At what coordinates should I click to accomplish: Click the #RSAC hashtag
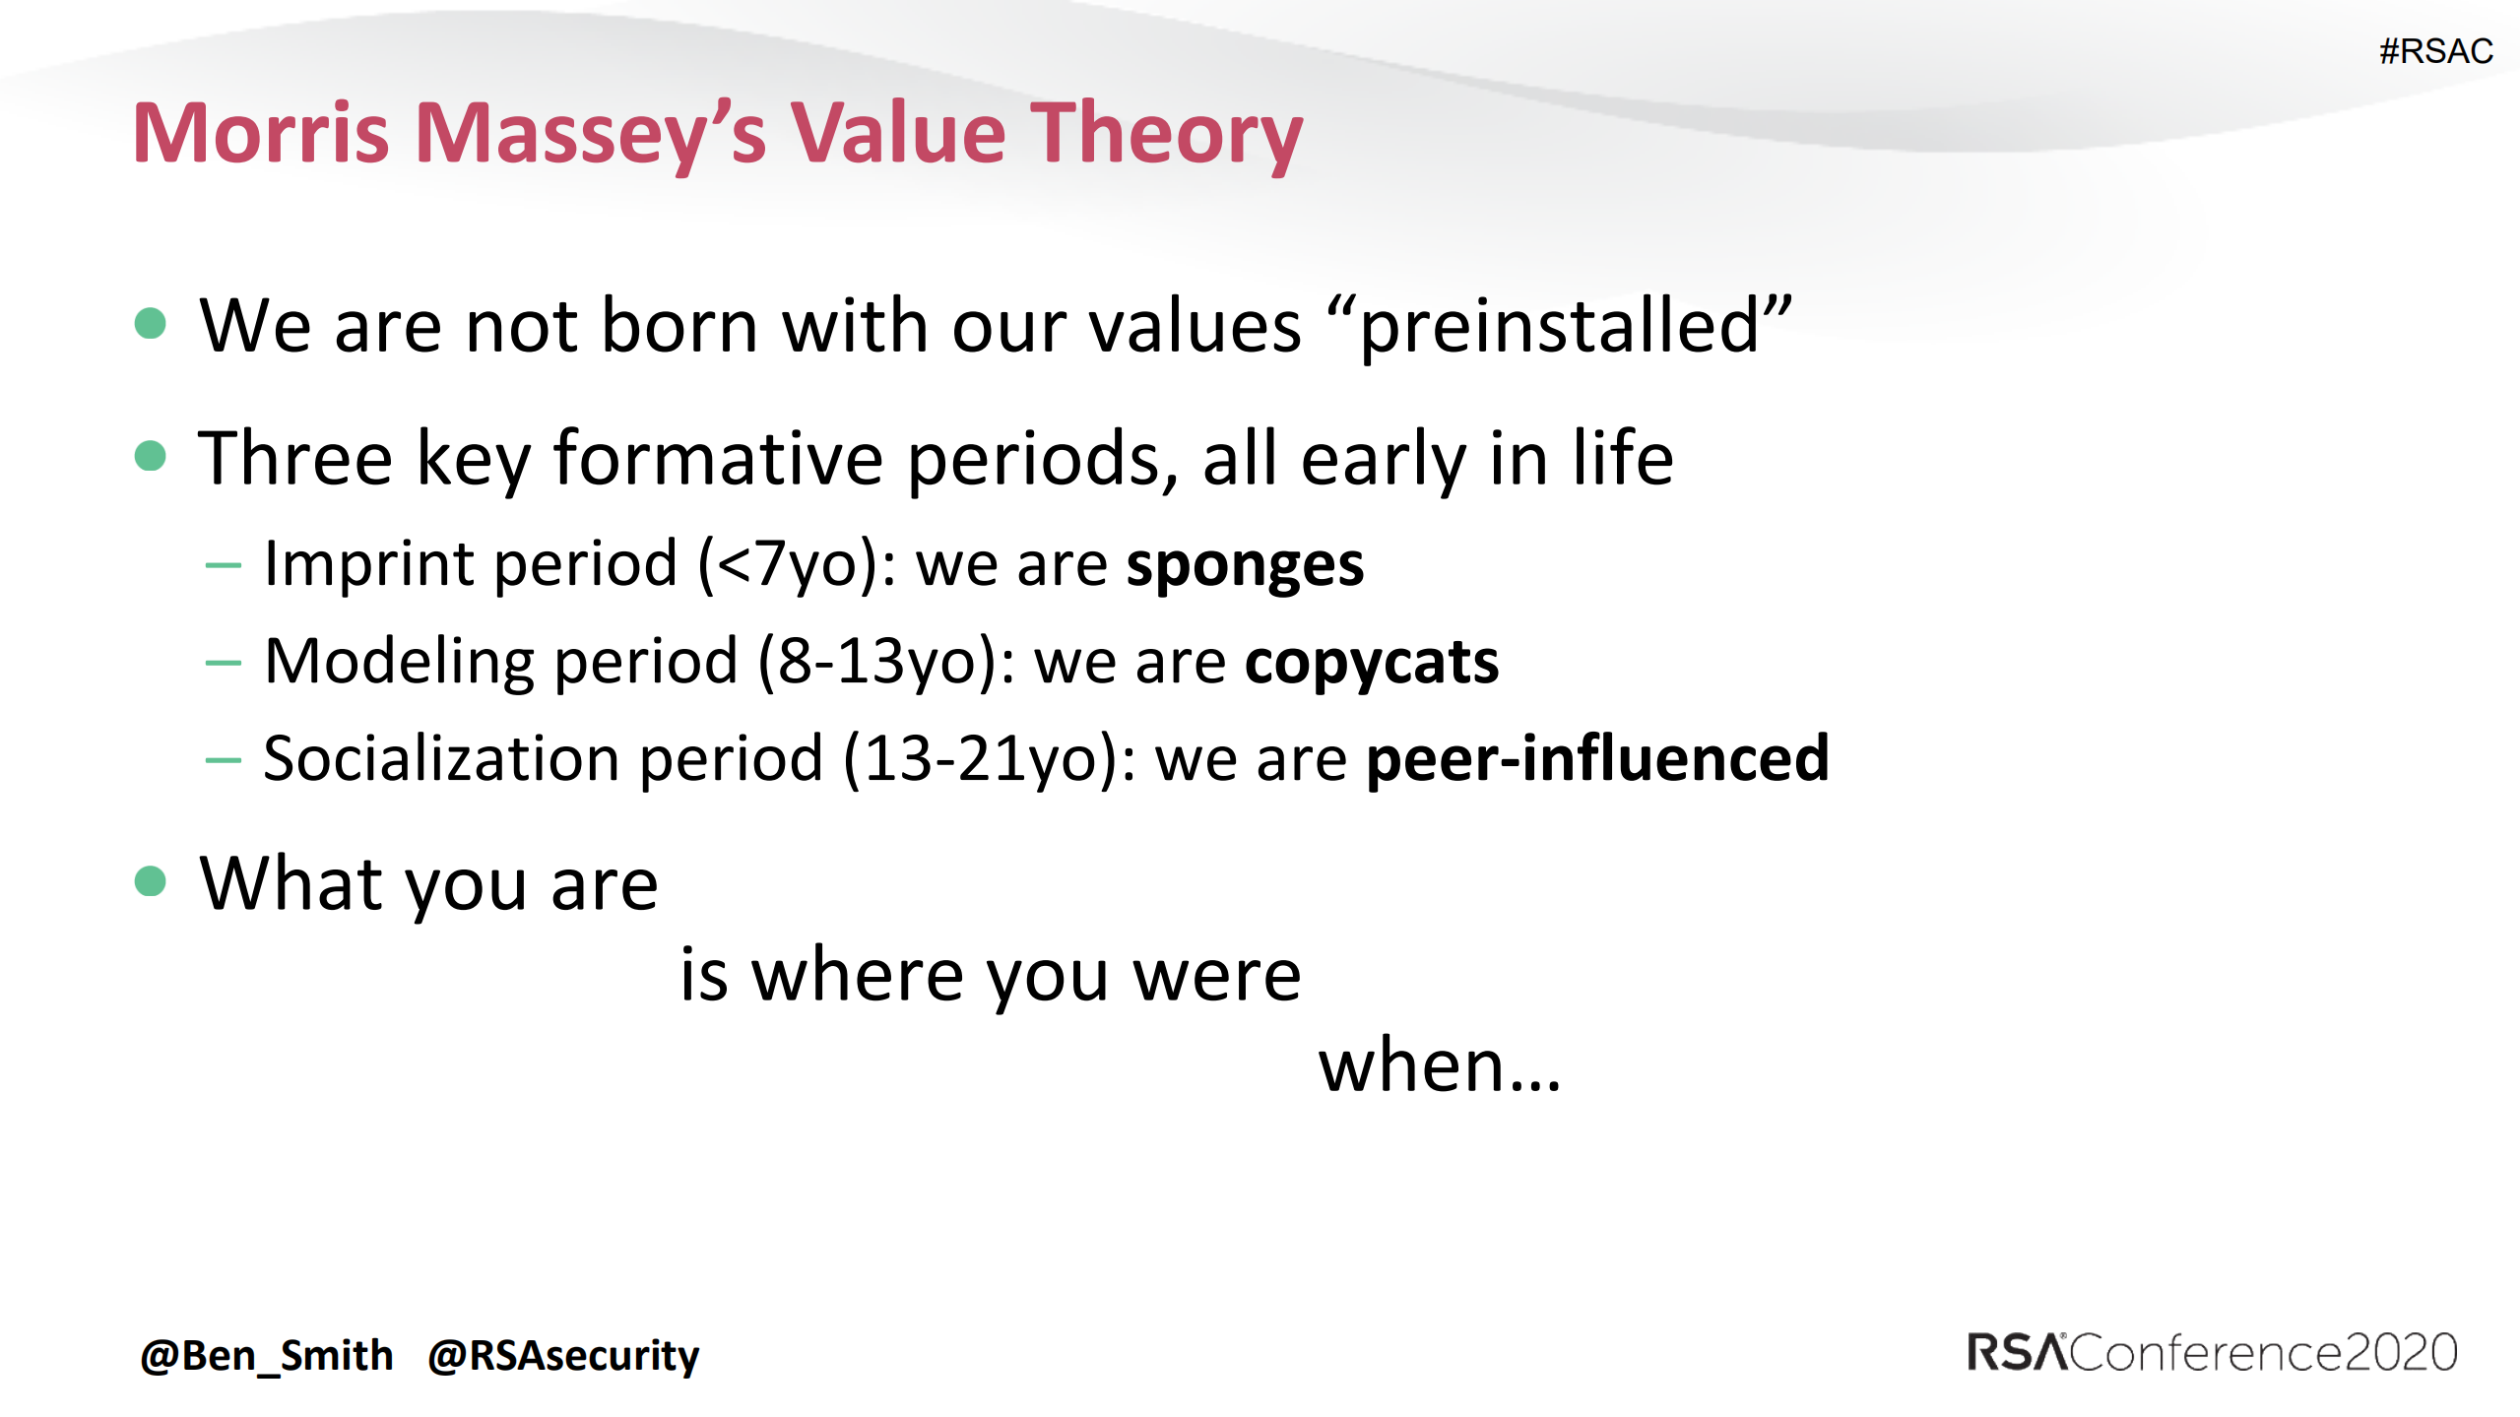(2435, 51)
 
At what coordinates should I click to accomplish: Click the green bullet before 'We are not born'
(150, 323)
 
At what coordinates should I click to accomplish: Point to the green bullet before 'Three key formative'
(150, 456)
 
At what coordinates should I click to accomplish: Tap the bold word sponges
(1245, 565)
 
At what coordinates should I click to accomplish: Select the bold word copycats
(1371, 662)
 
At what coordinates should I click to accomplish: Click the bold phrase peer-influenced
(1596, 758)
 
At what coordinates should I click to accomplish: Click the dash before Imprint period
(224, 566)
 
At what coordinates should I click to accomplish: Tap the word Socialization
(440, 758)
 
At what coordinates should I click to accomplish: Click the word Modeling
(401, 662)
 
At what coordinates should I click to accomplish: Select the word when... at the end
(1440, 1066)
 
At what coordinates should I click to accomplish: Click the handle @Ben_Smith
(267, 1356)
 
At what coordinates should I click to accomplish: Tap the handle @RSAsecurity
(563, 1356)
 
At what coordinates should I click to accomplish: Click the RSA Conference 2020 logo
(2212, 1353)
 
